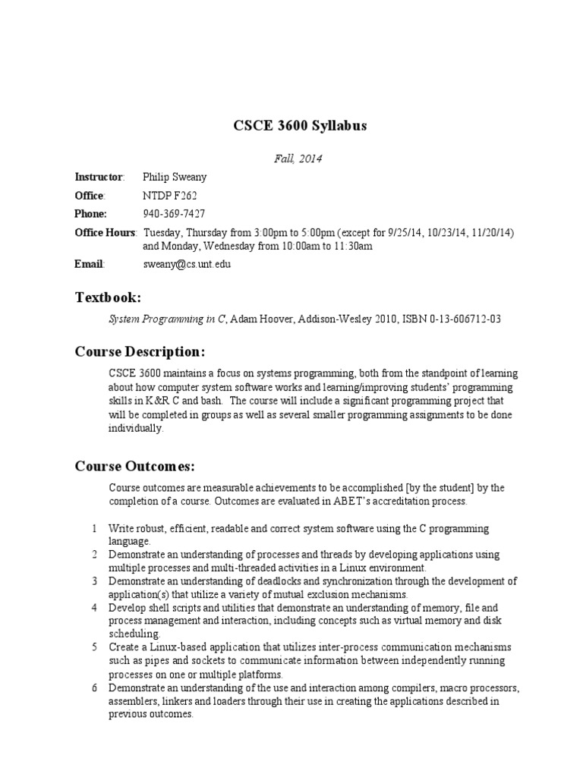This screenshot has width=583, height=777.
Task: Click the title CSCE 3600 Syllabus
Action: click(x=299, y=125)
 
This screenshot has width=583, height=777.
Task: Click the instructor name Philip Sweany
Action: click(x=174, y=177)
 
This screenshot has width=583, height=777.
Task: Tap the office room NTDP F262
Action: click(x=170, y=195)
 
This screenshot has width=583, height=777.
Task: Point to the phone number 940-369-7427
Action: click(x=174, y=213)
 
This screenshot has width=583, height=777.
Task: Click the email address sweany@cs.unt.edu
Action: click(x=187, y=264)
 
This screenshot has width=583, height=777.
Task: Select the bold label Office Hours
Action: click(x=105, y=232)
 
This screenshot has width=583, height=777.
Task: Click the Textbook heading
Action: click(x=107, y=297)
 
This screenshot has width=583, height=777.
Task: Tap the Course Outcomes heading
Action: click(x=134, y=466)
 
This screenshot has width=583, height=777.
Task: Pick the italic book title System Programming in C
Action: click(x=167, y=319)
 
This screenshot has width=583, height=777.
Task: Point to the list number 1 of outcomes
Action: click(x=94, y=528)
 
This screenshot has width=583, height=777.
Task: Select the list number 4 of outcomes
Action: click(x=94, y=608)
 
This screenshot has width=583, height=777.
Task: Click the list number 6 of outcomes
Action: click(x=94, y=688)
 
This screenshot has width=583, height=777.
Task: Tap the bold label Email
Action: click(x=89, y=264)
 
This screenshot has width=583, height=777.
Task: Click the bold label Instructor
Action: click(x=99, y=177)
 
